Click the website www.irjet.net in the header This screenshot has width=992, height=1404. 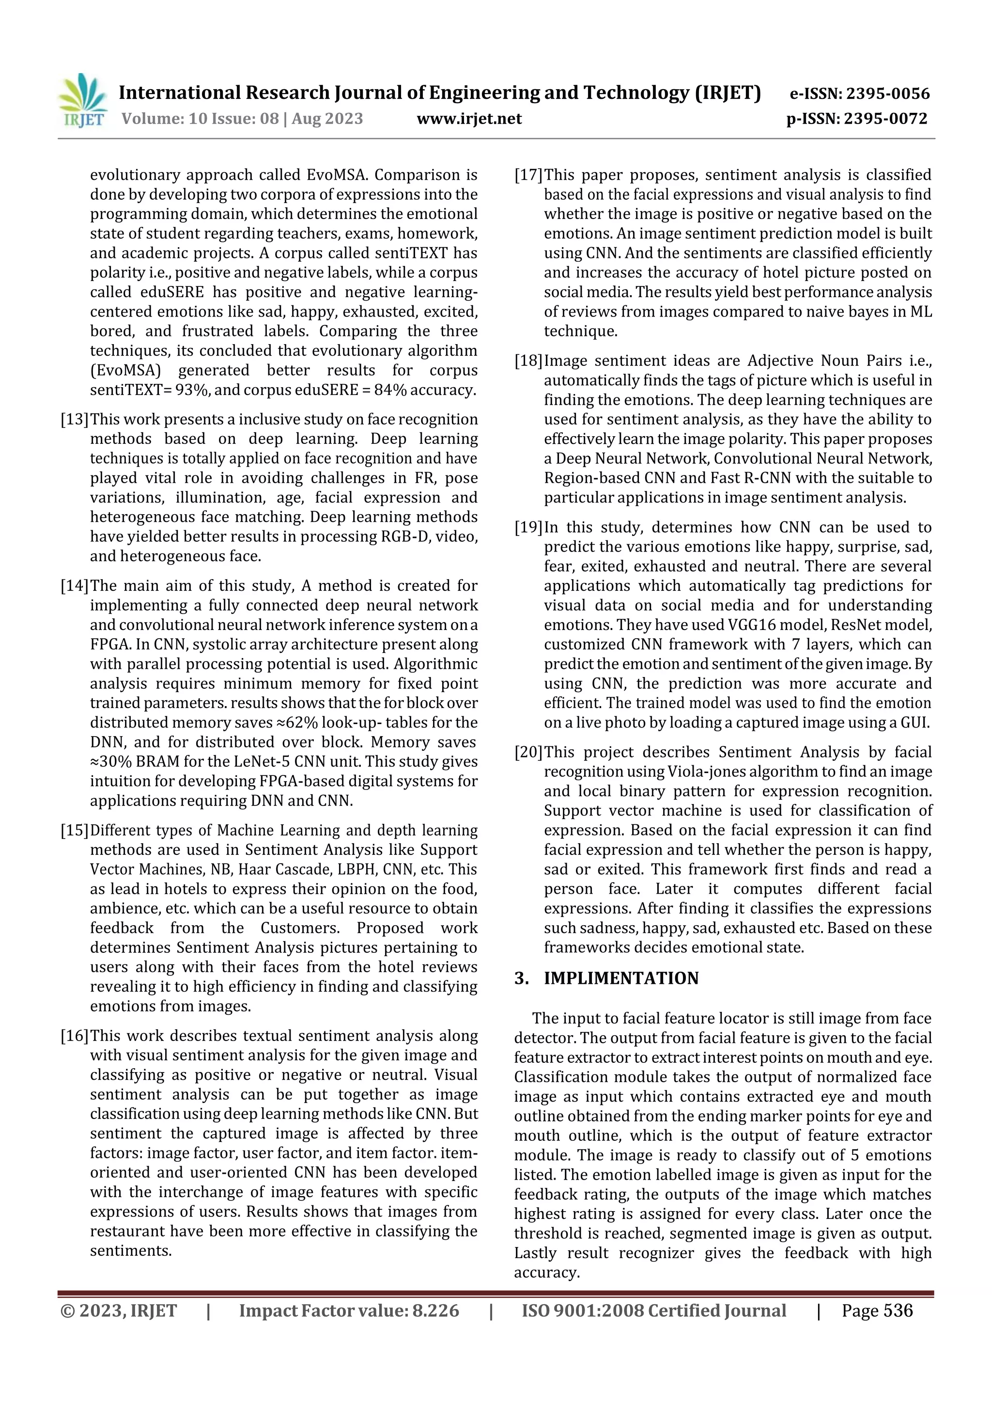click(x=469, y=119)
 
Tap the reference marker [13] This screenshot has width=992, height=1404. click(x=74, y=420)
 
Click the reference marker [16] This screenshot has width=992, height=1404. click(x=74, y=1036)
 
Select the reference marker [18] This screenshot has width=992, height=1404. click(x=528, y=361)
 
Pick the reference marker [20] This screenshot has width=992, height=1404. click(x=528, y=752)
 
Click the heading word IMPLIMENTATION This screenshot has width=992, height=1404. click(x=621, y=978)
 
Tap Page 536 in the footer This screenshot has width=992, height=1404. click(x=877, y=1310)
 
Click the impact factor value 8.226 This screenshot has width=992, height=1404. click(x=436, y=1310)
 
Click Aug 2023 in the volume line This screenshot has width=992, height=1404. click(x=327, y=119)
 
